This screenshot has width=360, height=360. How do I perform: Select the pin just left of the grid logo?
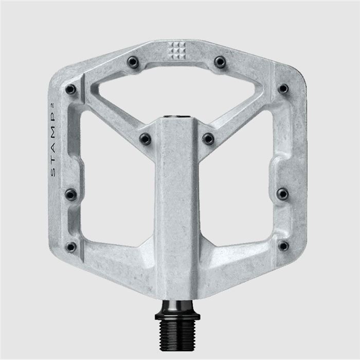[x=133, y=63]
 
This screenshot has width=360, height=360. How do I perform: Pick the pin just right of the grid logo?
[x=220, y=63]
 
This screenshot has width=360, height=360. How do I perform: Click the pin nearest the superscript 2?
[x=70, y=89]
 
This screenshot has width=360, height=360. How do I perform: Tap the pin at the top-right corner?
[x=283, y=89]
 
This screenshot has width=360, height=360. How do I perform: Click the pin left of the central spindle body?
[x=146, y=138]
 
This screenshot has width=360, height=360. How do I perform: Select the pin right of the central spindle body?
[x=208, y=138]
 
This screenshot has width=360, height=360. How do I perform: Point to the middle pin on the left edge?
[x=70, y=194]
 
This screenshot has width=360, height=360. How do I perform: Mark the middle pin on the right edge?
[x=283, y=193]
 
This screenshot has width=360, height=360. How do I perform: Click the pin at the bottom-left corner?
[x=71, y=247]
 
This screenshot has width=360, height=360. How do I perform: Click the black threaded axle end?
[x=177, y=329]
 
